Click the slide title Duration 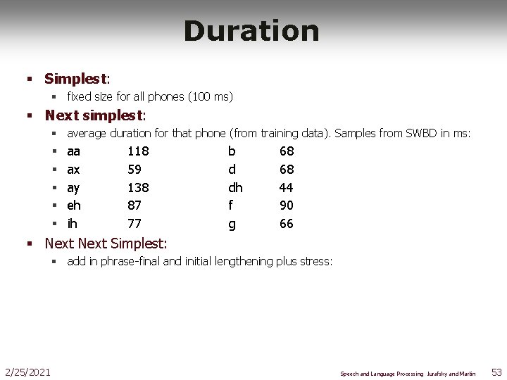(x=251, y=31)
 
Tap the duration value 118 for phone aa (x=138, y=151)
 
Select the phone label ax (x=73, y=170)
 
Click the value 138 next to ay (x=138, y=188)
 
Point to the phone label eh (x=74, y=205)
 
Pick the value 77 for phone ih (x=134, y=224)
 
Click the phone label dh (x=235, y=188)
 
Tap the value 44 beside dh (x=287, y=188)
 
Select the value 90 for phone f (x=287, y=205)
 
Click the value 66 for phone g (x=287, y=224)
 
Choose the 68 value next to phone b (x=287, y=151)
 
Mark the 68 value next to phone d (x=287, y=170)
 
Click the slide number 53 (x=495, y=372)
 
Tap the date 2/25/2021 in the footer (x=27, y=372)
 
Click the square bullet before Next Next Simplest (x=30, y=244)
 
